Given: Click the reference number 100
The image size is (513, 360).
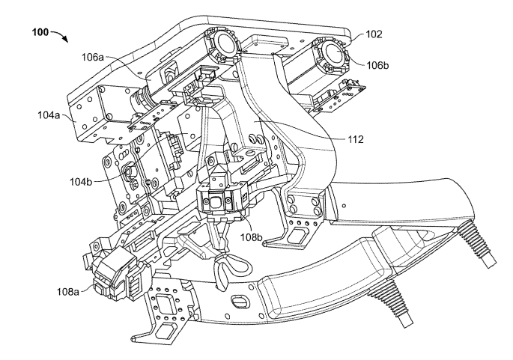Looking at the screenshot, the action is (40, 32).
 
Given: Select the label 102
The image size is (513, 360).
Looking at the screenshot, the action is (374, 34).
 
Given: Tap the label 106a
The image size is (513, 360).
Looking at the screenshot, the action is (93, 58).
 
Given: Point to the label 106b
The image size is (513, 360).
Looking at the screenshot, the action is (377, 65).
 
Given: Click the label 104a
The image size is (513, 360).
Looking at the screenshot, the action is (49, 115).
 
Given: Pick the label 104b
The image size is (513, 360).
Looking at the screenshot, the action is (81, 181).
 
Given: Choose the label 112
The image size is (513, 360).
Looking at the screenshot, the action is (356, 140).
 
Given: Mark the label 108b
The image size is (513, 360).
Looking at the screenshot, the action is (252, 237).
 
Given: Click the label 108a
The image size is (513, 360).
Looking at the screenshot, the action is (68, 291).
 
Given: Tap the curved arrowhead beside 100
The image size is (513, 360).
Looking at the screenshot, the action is (66, 40).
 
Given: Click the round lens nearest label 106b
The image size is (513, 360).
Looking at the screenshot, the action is (333, 53).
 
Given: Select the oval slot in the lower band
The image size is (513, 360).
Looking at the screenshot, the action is (240, 301).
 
